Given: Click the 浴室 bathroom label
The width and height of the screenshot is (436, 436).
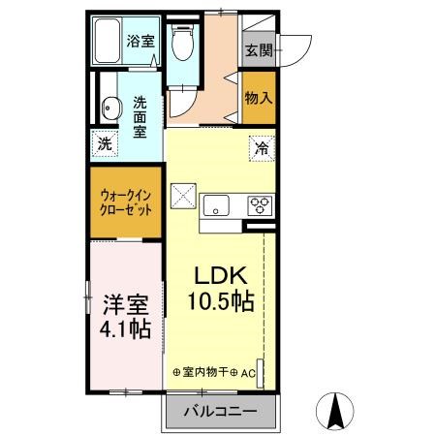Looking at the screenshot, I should pyautogui.click(x=140, y=41).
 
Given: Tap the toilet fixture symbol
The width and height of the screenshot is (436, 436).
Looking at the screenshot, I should pyautogui.click(x=180, y=44).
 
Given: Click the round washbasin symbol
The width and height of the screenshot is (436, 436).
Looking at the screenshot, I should pyautogui.click(x=109, y=108).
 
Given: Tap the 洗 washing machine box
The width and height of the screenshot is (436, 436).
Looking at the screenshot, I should pyautogui.click(x=105, y=144).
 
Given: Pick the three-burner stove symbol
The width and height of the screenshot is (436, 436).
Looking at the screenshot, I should pyautogui.click(x=261, y=204).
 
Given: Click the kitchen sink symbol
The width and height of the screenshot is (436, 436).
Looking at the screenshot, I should pyautogui.click(x=215, y=204).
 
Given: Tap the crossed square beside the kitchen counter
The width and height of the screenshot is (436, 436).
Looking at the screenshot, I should pyautogui.click(x=184, y=196).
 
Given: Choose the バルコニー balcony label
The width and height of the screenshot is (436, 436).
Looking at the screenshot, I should pyautogui.click(x=222, y=412).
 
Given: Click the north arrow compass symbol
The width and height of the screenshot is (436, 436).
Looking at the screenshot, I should pyautogui.click(x=335, y=412).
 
